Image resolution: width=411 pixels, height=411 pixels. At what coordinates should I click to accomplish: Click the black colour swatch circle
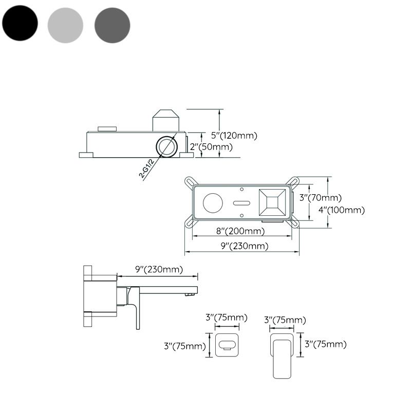(20, 24)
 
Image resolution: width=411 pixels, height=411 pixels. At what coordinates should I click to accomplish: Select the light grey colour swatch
(65, 25)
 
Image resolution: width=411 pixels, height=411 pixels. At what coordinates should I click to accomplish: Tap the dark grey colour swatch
(112, 25)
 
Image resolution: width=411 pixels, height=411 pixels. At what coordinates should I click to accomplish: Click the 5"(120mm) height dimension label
(234, 136)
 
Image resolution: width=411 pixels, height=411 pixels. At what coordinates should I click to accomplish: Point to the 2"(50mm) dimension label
(211, 147)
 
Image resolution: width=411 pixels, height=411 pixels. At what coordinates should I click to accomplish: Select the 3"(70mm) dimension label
(321, 197)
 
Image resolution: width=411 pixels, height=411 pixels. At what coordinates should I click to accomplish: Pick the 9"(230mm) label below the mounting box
(245, 246)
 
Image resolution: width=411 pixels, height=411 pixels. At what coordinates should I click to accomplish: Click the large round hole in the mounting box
(213, 203)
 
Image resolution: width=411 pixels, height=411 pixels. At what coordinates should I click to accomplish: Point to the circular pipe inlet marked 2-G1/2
(166, 146)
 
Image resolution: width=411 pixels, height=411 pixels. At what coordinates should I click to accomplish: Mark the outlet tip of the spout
(194, 292)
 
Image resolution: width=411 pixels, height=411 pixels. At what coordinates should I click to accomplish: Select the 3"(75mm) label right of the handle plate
(325, 344)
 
